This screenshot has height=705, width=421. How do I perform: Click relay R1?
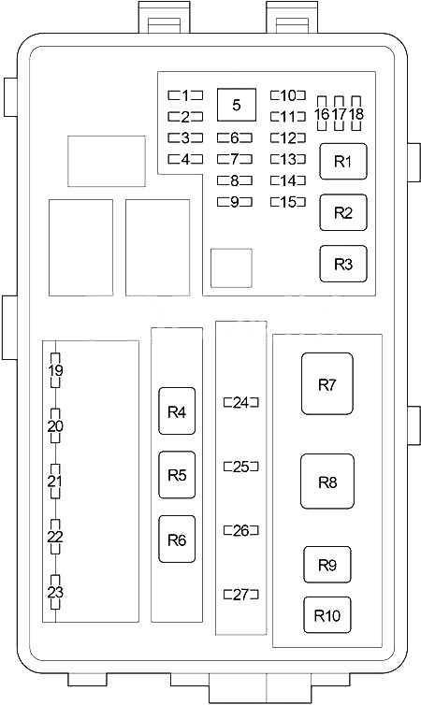343,162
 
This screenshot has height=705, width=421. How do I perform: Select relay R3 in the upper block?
343,264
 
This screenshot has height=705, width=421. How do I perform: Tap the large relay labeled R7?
327,383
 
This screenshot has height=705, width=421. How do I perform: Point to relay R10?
327,614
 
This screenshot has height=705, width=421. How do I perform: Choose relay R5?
177,475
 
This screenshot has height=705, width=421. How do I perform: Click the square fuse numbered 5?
237,105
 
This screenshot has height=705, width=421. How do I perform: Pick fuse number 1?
185,95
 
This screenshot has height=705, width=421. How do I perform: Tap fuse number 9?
235,202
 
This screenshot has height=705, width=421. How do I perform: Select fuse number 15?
288,202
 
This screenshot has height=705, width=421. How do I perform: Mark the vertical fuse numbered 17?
340,113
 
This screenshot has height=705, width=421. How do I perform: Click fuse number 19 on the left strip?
55,370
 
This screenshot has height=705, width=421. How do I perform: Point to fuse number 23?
55,592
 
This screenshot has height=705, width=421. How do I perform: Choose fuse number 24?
241,402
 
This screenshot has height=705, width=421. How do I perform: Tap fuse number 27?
241,595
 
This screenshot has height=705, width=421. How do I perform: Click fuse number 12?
288,137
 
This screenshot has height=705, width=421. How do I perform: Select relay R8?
327,482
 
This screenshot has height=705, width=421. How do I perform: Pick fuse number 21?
55,482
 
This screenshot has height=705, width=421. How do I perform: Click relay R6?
177,540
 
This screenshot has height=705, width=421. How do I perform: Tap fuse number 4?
185,159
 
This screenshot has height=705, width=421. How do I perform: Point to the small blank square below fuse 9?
232,268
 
